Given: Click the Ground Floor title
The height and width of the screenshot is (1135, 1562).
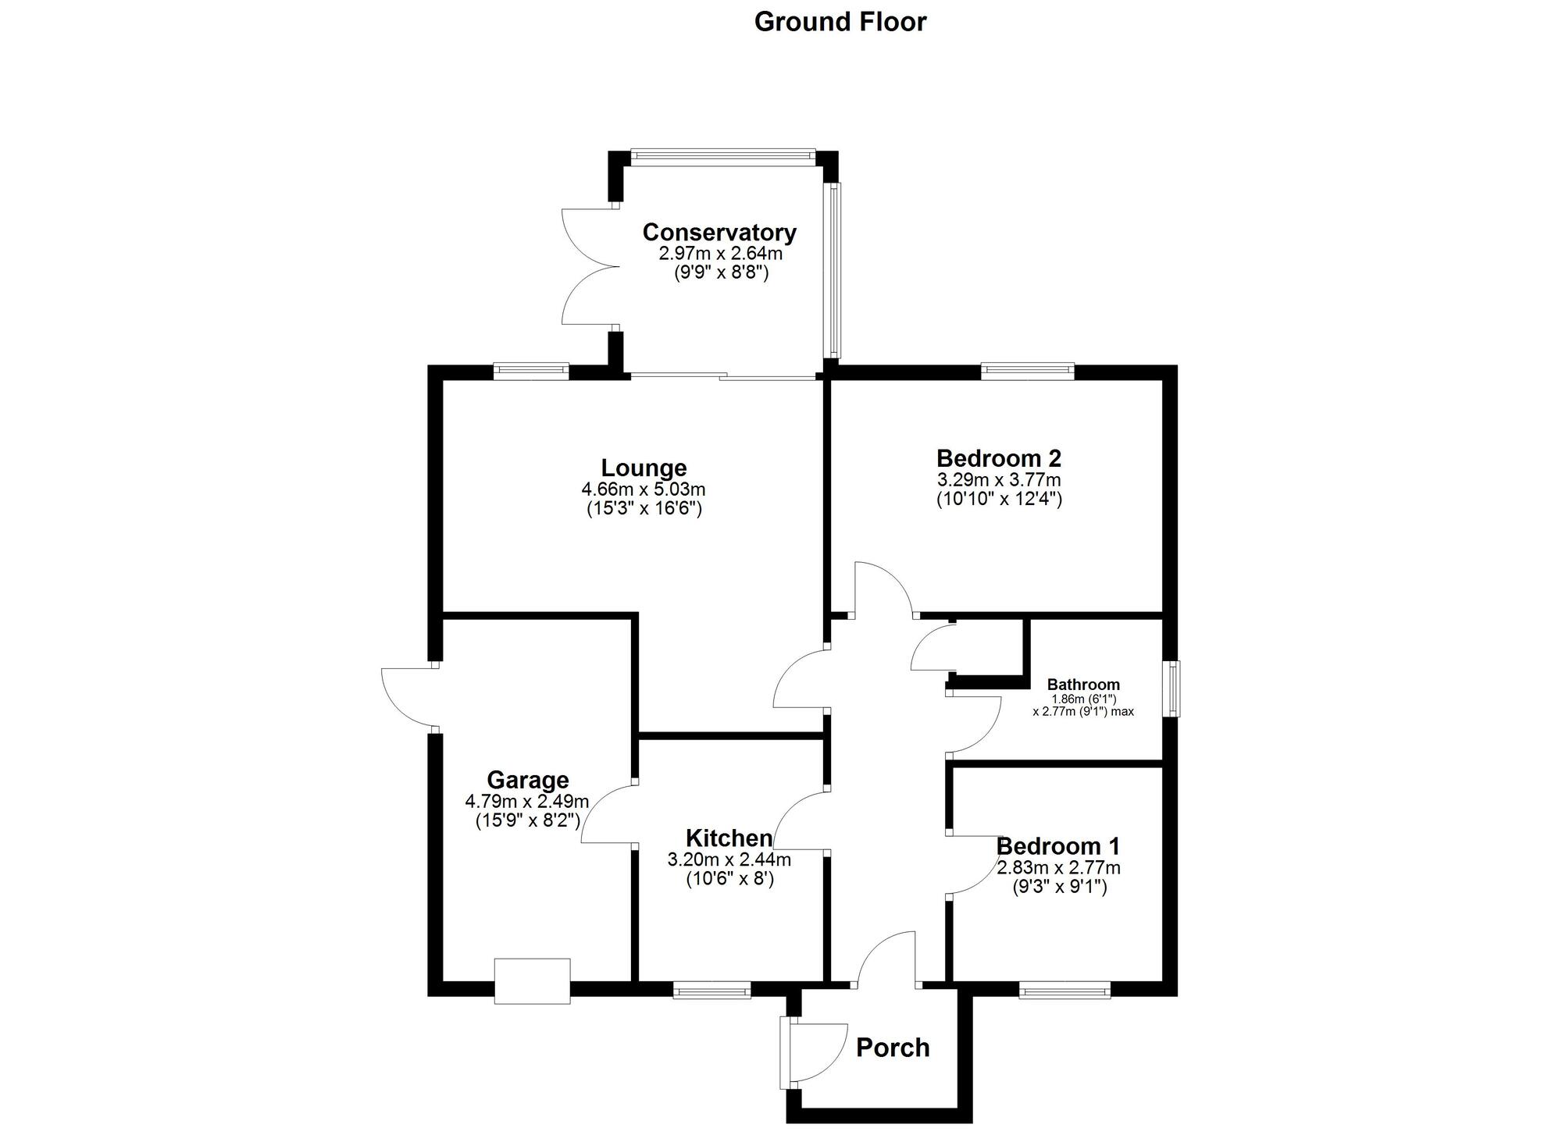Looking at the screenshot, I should click(840, 22).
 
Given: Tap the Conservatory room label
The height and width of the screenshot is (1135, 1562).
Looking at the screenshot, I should click(719, 232).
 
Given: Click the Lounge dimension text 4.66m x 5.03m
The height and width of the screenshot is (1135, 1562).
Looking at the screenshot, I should click(643, 489).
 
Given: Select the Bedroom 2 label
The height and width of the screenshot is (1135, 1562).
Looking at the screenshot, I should click(998, 458).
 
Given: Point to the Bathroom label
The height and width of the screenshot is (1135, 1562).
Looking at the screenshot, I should click(1083, 685).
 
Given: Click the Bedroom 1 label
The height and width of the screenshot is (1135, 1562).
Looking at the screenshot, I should click(1057, 846).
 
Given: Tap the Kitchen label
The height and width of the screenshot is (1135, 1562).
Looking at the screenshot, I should click(729, 838).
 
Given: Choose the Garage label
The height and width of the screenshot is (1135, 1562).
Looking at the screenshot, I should click(527, 780).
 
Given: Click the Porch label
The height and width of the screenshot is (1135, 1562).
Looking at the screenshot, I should click(893, 1048).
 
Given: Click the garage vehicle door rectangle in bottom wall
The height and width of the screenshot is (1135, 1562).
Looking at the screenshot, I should click(532, 981).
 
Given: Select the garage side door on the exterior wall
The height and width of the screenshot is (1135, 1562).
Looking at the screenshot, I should click(408, 696).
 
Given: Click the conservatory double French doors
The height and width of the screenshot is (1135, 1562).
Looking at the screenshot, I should click(590, 267).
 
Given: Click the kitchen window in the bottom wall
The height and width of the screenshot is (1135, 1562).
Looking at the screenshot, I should click(711, 992).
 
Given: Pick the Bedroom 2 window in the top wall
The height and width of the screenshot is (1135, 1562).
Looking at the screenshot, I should click(1027, 372).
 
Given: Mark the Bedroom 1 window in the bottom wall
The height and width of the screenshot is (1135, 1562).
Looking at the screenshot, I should click(1065, 992).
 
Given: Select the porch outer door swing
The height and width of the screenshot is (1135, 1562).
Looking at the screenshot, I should click(816, 1053).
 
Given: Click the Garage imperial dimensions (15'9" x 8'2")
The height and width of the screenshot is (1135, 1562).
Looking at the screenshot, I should click(527, 820).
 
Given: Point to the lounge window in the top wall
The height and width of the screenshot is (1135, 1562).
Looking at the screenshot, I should click(531, 372).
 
